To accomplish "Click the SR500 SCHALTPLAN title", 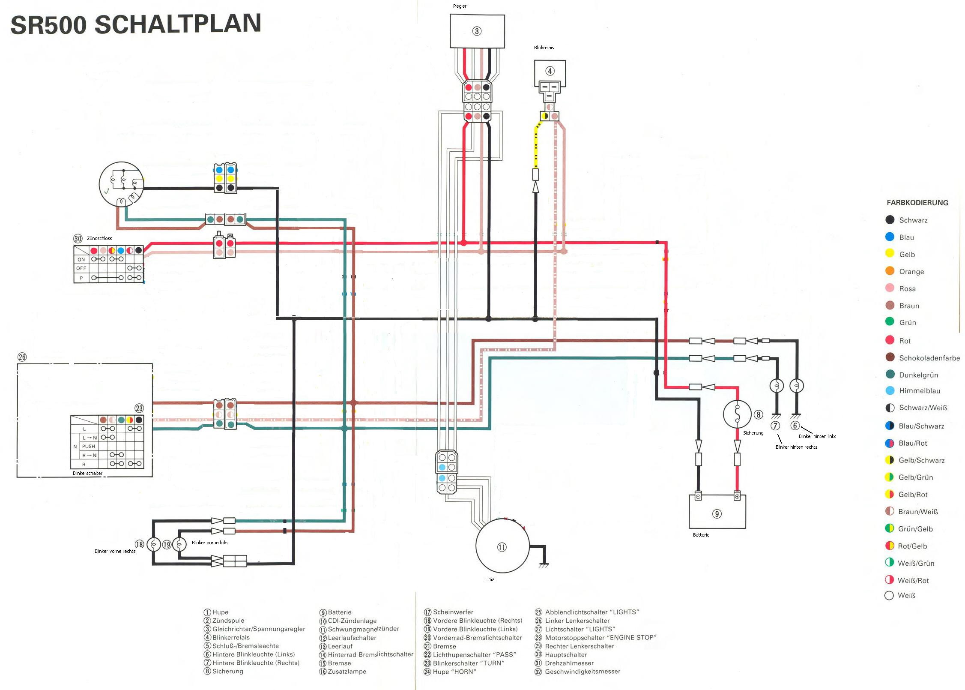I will click(x=136, y=24).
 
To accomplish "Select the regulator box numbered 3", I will click(x=477, y=31).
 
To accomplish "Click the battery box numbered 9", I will click(x=717, y=513).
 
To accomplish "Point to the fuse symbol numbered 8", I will click(x=737, y=414).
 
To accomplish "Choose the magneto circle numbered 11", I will click(x=502, y=546).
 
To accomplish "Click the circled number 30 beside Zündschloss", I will click(x=78, y=238).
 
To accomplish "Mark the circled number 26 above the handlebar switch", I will click(x=22, y=357).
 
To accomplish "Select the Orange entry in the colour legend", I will click(x=911, y=271).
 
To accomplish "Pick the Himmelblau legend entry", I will click(x=919, y=390).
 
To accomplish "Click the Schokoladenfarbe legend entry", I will click(x=929, y=358).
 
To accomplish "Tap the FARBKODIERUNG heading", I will click(x=917, y=203).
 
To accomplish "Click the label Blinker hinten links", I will click(x=817, y=436).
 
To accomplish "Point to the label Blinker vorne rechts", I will click(x=115, y=551).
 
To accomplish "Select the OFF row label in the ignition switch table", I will click(x=81, y=268).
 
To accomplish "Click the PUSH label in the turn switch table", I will click(x=88, y=446).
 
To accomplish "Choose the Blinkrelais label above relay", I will click(x=544, y=48).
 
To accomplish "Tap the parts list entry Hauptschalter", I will click(x=565, y=654).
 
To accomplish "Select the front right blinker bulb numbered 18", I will click(x=154, y=544).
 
